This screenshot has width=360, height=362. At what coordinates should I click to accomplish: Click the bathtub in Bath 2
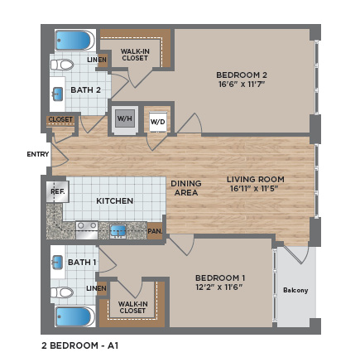[x=75, y=41]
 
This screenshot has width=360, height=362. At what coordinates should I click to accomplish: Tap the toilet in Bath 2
[x=62, y=65]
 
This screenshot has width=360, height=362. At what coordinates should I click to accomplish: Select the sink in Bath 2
[x=58, y=94]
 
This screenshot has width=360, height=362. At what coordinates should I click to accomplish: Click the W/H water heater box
[x=125, y=118]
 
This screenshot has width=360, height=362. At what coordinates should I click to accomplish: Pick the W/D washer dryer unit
[x=158, y=122]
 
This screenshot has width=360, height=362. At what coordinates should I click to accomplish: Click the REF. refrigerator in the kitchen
[x=57, y=191]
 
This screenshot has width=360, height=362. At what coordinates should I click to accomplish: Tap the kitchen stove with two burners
[x=87, y=230]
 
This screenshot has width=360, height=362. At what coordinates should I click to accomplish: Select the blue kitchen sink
[x=118, y=231]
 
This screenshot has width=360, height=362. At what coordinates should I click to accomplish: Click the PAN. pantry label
[x=155, y=231]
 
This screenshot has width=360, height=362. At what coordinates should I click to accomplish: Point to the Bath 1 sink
[x=57, y=263]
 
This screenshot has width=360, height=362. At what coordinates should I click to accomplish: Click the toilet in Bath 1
[x=62, y=292]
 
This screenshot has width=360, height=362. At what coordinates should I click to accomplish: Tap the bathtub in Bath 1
[x=75, y=316]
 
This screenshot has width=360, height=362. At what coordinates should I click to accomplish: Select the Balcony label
[x=295, y=290]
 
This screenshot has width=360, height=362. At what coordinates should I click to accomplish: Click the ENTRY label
[x=38, y=154]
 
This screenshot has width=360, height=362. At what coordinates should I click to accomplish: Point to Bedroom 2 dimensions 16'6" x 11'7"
[x=242, y=84]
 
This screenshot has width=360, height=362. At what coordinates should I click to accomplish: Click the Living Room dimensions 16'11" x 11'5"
[x=254, y=189]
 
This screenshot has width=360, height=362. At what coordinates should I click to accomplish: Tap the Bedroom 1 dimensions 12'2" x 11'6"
[x=219, y=287]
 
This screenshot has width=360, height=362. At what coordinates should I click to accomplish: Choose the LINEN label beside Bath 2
[x=97, y=60]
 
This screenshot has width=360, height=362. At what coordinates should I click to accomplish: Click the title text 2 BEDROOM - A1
[x=80, y=345]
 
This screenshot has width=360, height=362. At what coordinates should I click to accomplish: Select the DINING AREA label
[x=186, y=188]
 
